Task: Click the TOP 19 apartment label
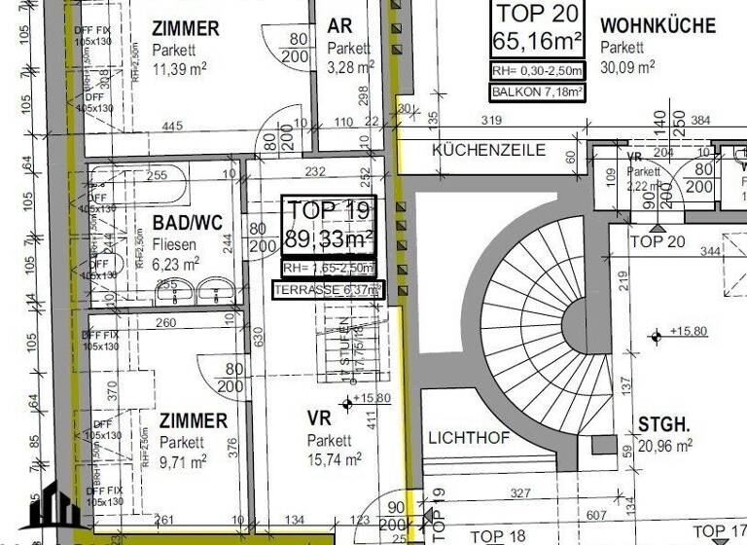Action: coord(329,209)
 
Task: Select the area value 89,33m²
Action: coord(330,238)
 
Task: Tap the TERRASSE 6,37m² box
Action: coord(329,289)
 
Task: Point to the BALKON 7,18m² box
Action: coord(538,93)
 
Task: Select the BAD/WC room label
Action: coord(184,223)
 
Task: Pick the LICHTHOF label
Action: coord(469,438)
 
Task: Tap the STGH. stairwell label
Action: coord(664,424)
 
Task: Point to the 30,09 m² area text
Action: coord(627,66)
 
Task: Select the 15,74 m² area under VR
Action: coord(335,458)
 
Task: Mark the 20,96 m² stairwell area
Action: coord(665,446)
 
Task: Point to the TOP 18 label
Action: coord(498,535)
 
